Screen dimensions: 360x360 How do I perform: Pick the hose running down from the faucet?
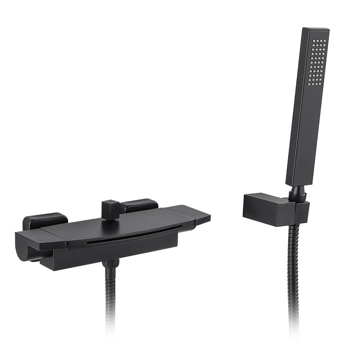click(x=110, y=298)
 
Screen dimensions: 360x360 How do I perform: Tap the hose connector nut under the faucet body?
click(x=110, y=264)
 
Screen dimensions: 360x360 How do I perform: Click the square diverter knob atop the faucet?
click(x=109, y=210)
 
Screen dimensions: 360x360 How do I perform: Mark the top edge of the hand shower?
click(x=316, y=30)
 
